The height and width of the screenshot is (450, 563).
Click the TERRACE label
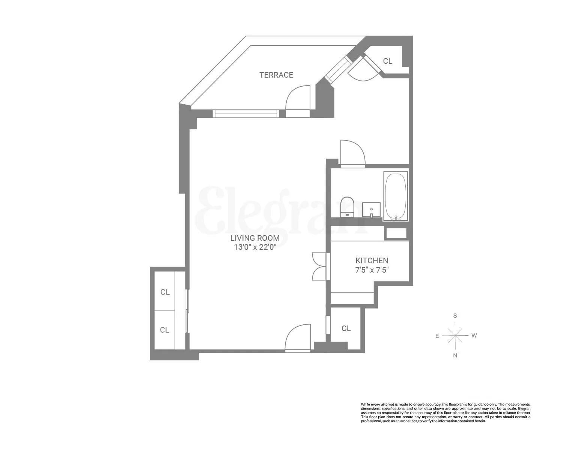point(276,75)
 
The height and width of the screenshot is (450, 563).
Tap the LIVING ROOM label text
point(255,238)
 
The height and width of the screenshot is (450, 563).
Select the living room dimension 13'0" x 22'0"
point(255,247)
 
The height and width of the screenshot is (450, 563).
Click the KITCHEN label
point(372,260)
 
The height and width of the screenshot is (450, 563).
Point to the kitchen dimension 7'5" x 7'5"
point(372,270)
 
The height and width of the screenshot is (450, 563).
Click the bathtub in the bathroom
point(396,196)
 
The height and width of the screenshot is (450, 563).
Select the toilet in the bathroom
point(347,206)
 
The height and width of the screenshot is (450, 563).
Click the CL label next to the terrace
point(388,61)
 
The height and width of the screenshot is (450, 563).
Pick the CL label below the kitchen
point(346,328)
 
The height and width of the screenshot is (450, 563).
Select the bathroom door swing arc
point(353,152)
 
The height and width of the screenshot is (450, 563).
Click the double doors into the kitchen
point(320,266)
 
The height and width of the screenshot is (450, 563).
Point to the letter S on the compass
point(455,316)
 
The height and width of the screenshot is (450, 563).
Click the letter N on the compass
point(455,355)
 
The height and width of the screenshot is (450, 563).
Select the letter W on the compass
point(474,336)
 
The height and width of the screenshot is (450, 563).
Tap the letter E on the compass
point(437,336)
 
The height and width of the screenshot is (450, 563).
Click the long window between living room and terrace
point(245,113)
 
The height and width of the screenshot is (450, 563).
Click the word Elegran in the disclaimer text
point(524,408)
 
